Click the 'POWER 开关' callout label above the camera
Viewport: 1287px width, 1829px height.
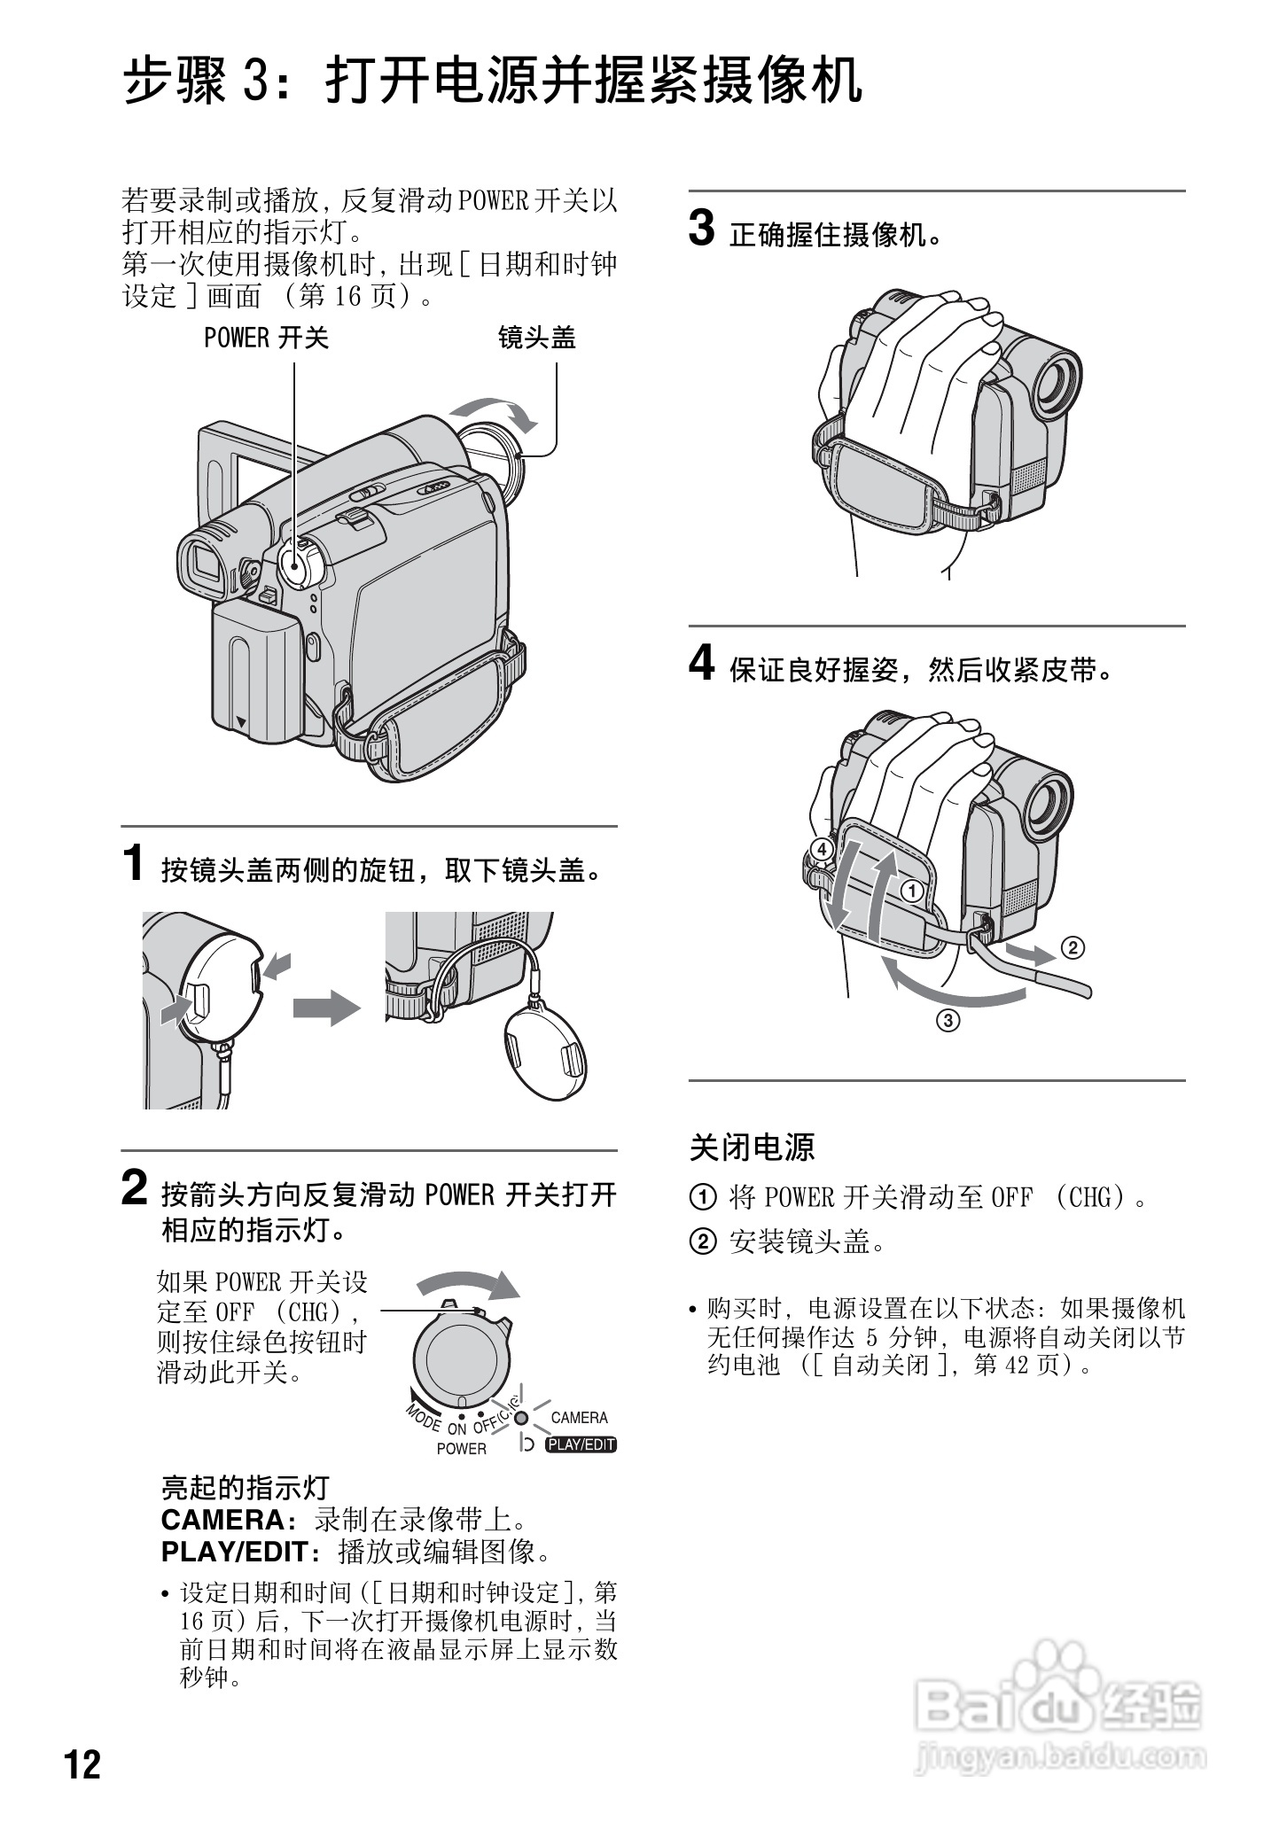(267, 339)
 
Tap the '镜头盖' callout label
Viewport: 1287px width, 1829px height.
(537, 339)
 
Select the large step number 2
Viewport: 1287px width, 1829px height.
(134, 1188)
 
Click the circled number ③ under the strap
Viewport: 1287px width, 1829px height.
(948, 1021)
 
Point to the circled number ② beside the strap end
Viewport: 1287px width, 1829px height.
(1072, 948)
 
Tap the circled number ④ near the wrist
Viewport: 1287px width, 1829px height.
(822, 850)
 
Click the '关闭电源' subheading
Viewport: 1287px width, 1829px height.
(752, 1148)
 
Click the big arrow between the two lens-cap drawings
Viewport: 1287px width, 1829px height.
(326, 1008)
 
